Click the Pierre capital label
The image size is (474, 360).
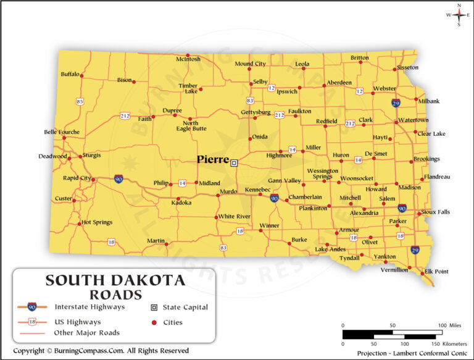click(x=213, y=159)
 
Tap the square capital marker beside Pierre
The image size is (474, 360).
click(x=234, y=163)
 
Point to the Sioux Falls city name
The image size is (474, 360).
click(x=435, y=212)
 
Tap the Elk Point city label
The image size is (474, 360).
click(x=436, y=272)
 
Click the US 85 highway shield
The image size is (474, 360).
click(x=80, y=101)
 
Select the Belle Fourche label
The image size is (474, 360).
click(x=62, y=132)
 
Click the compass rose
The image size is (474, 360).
click(x=459, y=15)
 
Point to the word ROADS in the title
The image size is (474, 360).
click(x=115, y=295)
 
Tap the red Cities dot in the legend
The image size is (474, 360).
click(x=154, y=322)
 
